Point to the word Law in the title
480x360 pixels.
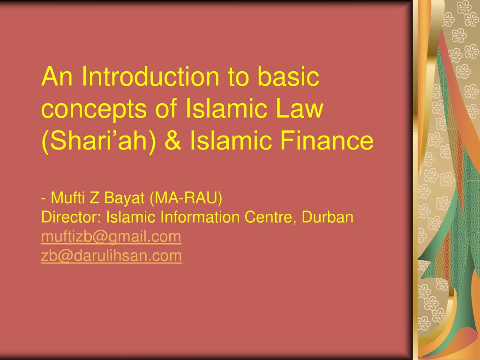coord(301,109)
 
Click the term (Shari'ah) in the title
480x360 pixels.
coord(99,141)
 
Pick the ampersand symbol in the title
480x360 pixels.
coord(173,141)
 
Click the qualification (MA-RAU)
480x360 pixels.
coord(187,199)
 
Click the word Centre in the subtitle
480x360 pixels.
coord(270,217)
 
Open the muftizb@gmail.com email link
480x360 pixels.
coord(111,237)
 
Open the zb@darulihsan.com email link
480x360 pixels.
coord(112,256)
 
